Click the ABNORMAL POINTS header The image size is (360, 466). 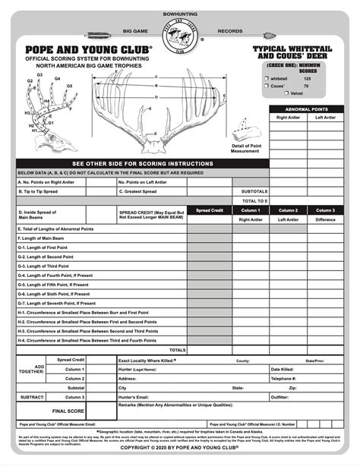pos(307,109)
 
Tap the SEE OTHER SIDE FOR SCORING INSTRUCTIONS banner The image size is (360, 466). pos(143,163)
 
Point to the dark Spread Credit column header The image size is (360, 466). pos(209,210)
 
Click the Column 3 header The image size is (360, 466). pos(324,210)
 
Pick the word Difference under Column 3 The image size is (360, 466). pos(324,219)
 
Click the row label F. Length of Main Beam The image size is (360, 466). pos(43,238)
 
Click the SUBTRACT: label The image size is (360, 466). pos(32,397)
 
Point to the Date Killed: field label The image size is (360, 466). pos(283,369)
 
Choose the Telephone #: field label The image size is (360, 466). pos(284,378)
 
